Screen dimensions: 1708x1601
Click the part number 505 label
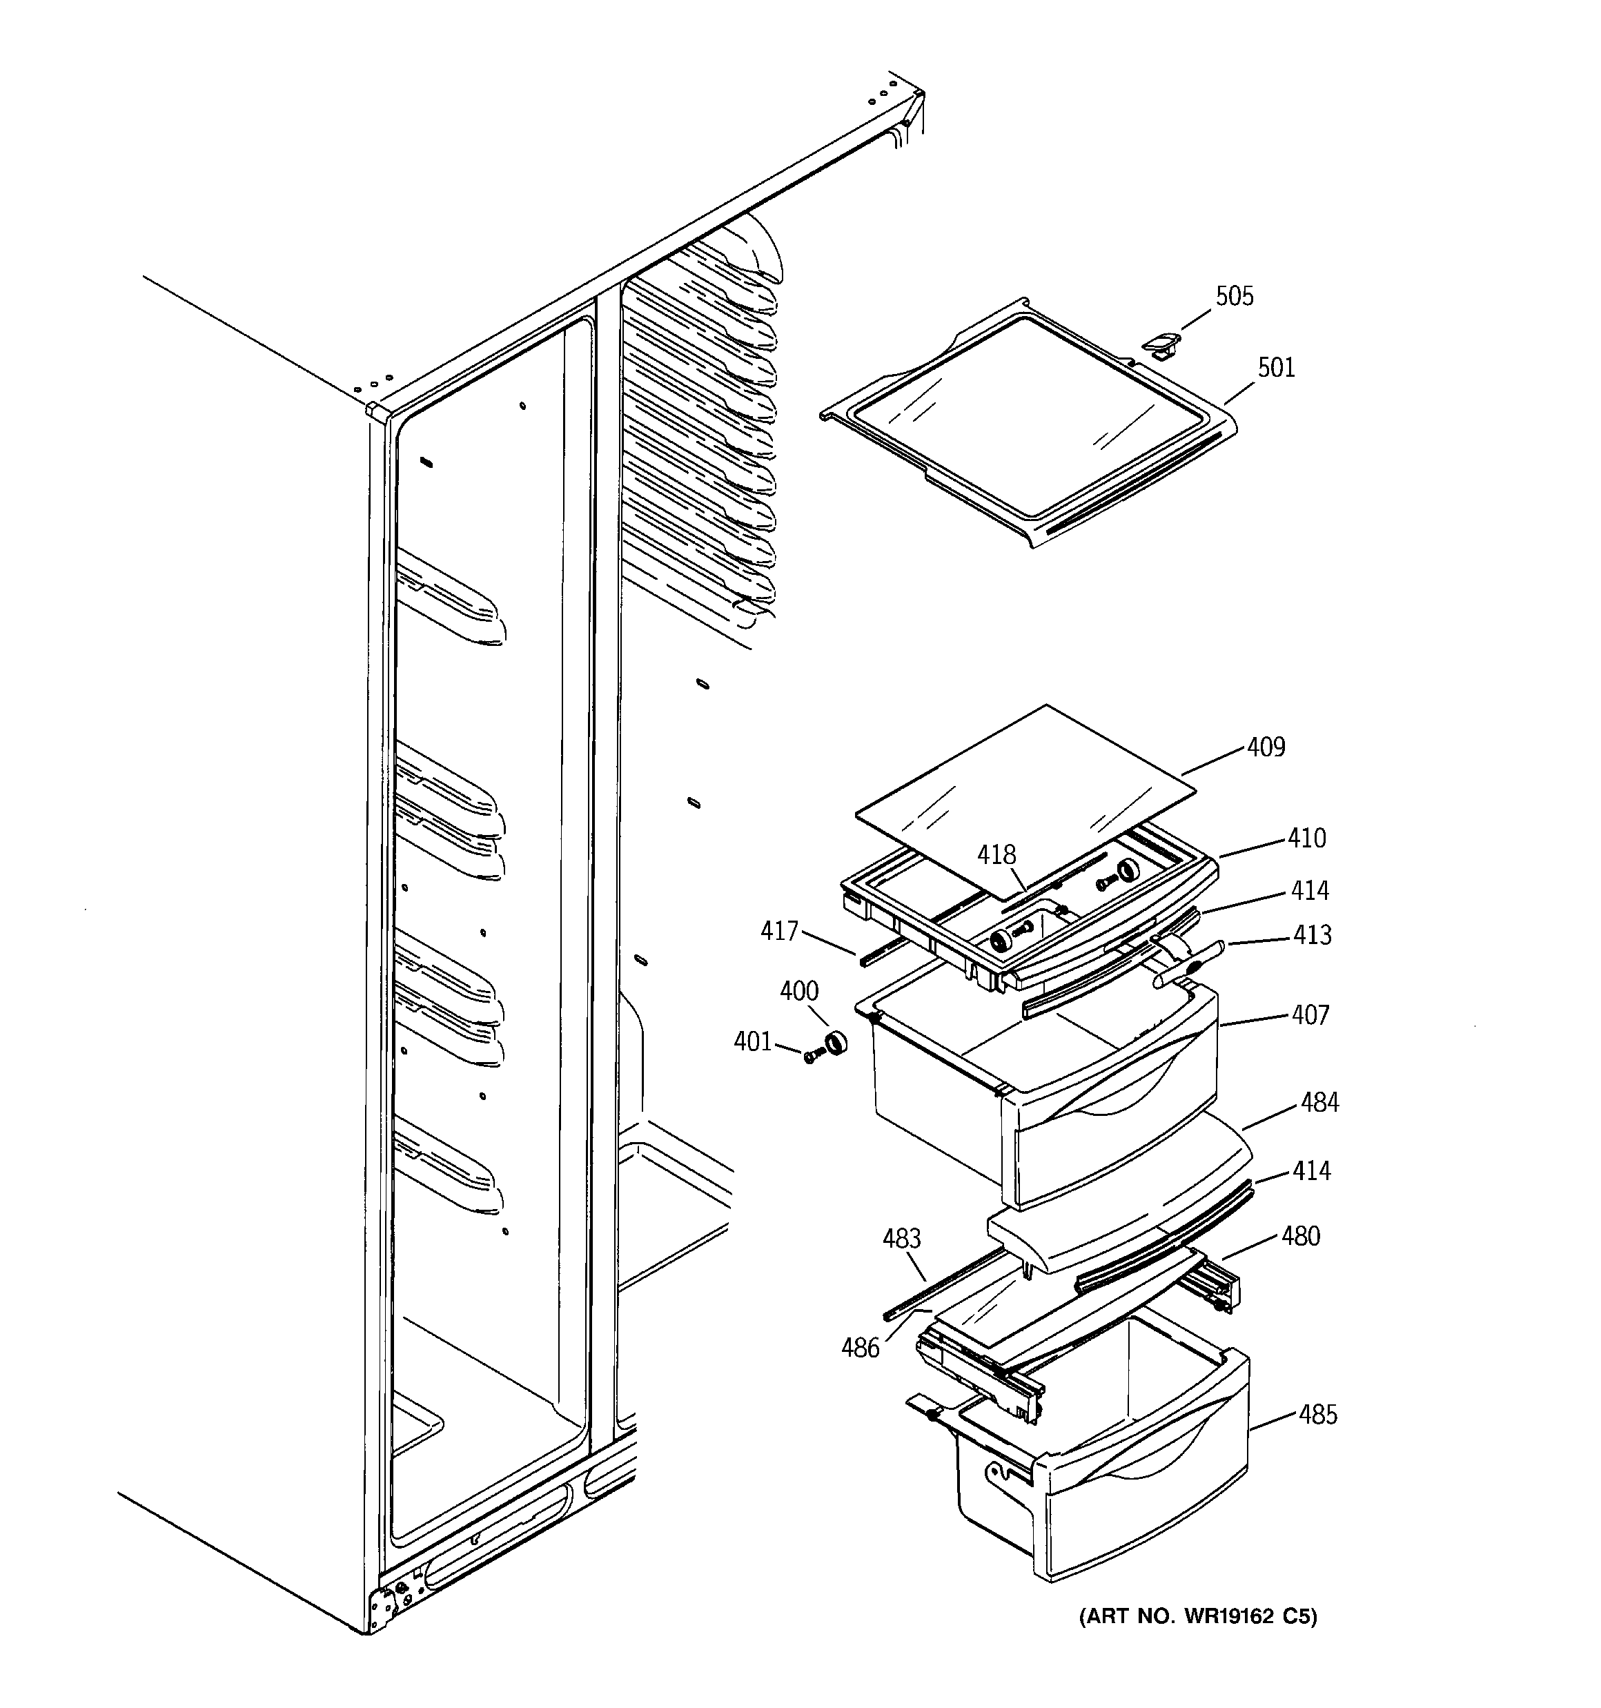click(1233, 297)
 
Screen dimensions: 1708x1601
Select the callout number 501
click(1275, 368)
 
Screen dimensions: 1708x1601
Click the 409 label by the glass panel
click(1265, 747)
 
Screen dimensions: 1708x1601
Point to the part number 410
click(1306, 838)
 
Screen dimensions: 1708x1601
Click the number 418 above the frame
click(996, 855)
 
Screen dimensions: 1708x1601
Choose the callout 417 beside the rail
click(779, 930)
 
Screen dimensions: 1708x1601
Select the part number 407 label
click(1310, 1016)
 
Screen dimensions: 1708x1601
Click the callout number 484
click(1319, 1102)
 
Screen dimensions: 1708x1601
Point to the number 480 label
click(1299, 1237)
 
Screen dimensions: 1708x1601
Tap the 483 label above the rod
click(901, 1238)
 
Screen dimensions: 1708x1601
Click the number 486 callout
click(861, 1348)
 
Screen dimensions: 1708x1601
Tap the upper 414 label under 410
click(1309, 891)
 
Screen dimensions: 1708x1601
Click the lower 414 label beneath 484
click(1310, 1170)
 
